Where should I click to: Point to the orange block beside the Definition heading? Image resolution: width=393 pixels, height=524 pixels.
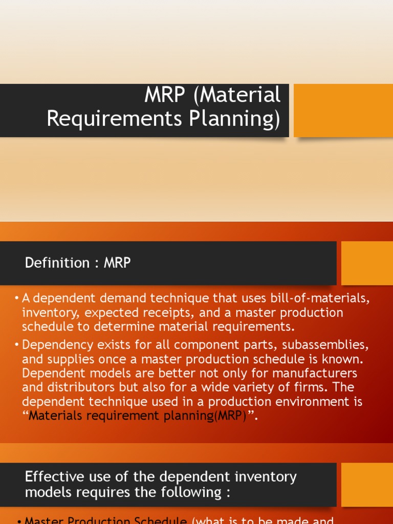tap(367, 263)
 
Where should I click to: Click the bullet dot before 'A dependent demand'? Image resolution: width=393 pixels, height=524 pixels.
tap(16, 298)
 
